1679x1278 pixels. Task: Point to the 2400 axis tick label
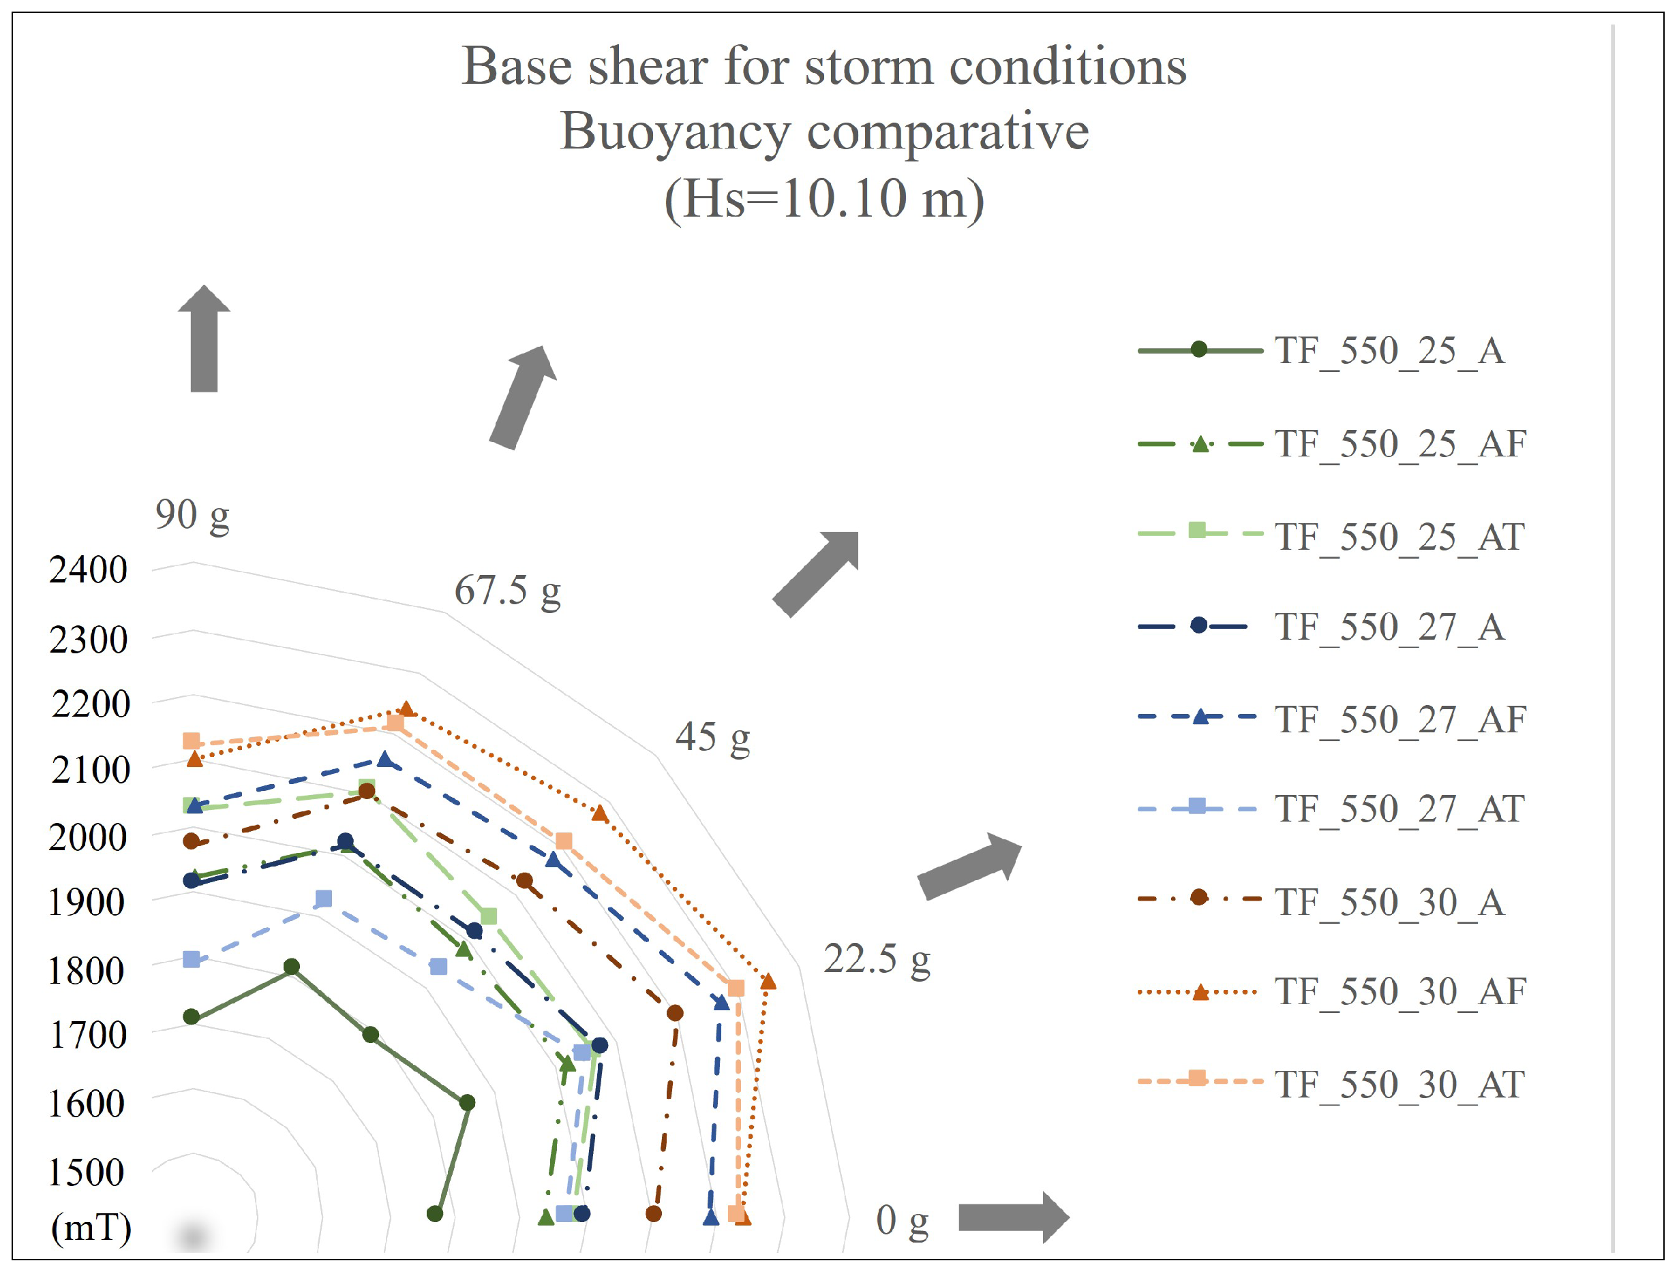coord(89,570)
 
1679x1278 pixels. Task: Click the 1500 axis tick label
coord(86,1172)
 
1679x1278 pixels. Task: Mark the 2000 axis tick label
coord(87,837)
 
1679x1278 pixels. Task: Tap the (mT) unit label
coord(91,1227)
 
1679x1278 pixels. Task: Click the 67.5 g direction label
coord(508,591)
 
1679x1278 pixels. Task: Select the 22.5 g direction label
coord(877,958)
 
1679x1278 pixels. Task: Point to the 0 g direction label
coord(902,1220)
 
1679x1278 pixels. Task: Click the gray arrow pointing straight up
coord(204,339)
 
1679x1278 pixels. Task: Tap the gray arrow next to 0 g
coord(1013,1217)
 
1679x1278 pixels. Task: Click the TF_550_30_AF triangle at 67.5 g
coord(406,709)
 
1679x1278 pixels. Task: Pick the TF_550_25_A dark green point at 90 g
coord(192,1017)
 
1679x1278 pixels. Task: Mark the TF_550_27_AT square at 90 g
coord(192,959)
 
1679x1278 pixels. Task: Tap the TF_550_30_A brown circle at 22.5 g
coord(674,1013)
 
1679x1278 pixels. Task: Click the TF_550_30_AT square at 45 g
coord(563,841)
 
